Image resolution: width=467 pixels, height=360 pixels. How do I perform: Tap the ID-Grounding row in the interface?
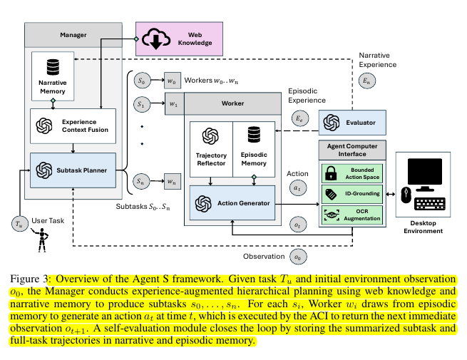click(x=352, y=193)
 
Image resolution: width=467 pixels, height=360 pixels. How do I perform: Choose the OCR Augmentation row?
click(x=352, y=213)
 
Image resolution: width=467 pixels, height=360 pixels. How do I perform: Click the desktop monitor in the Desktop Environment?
click(x=428, y=171)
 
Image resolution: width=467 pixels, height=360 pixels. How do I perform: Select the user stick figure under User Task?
click(x=41, y=242)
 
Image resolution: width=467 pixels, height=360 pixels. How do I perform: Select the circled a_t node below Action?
click(x=298, y=188)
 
